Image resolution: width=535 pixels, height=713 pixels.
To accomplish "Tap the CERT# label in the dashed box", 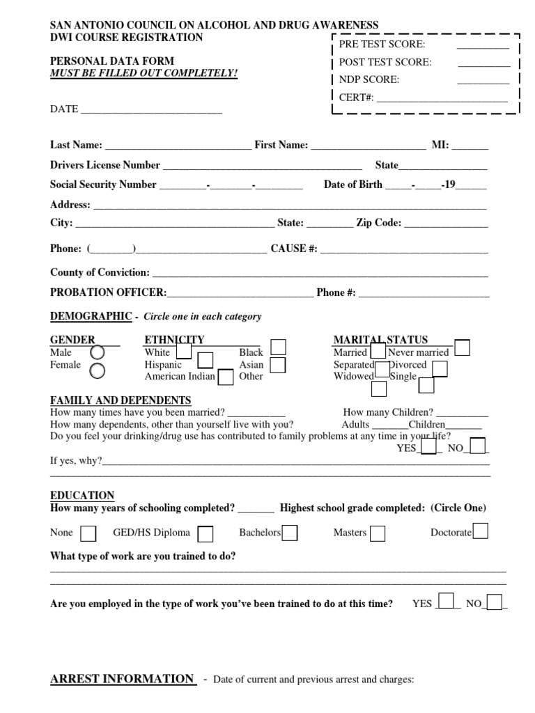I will (x=356, y=97).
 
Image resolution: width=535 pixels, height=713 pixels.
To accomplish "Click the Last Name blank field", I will (x=178, y=146).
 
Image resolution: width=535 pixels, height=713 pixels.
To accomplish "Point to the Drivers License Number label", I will (x=105, y=166).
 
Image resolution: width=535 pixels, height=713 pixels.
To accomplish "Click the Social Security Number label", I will (x=103, y=185).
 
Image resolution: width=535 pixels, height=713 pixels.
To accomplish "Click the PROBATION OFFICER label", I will (x=108, y=292).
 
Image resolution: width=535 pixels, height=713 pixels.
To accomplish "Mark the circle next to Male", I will (x=98, y=353).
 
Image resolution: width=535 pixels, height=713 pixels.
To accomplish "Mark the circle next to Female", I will (x=98, y=370).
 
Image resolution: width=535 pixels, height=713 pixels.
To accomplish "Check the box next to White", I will (x=184, y=350).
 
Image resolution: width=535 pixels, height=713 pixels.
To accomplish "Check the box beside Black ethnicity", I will (x=278, y=347).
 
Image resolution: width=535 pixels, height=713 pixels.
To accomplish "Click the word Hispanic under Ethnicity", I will (x=163, y=365).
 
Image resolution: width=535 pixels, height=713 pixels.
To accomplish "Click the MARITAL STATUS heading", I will (x=380, y=340).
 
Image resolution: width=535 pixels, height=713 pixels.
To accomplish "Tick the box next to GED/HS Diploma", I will (x=206, y=533).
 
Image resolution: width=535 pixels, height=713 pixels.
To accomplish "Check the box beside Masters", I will (x=377, y=533).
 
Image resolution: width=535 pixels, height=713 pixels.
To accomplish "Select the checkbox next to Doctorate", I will (x=480, y=531).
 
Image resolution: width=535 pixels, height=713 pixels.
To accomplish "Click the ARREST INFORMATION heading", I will (x=122, y=679).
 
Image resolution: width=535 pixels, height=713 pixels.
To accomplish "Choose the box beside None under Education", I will (x=88, y=533).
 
